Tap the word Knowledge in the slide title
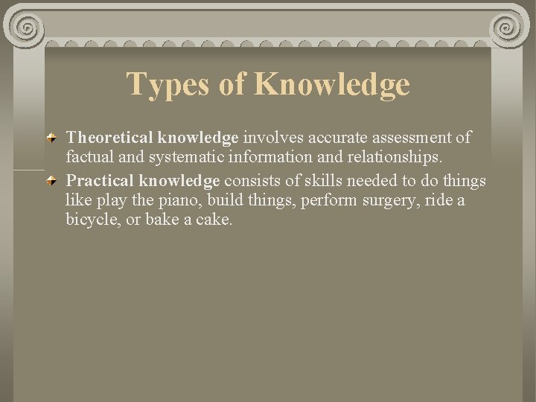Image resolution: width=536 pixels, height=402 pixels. tap(331, 84)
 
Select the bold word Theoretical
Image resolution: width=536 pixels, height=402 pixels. tap(109, 138)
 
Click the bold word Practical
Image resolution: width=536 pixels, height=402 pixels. tap(100, 181)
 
